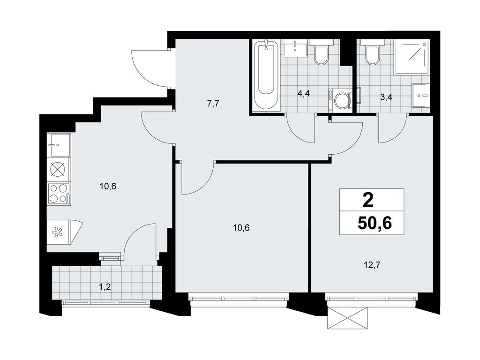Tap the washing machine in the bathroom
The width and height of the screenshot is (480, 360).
[x=340, y=100]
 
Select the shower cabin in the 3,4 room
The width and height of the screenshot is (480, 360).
[x=411, y=57]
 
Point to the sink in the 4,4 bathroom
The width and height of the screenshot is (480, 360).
[x=295, y=48]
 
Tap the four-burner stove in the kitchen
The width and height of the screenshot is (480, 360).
[x=59, y=194]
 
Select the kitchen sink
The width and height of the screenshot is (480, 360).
[x=59, y=145]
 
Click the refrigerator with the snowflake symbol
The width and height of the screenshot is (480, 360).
[x=64, y=232]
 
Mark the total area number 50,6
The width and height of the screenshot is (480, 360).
[x=375, y=224]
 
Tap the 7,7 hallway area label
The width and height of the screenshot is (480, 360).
[x=213, y=104]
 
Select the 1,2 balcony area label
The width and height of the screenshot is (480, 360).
[x=105, y=287]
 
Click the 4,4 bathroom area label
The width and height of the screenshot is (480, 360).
[x=304, y=93]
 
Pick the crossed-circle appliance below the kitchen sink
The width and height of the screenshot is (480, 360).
[x=59, y=170]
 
